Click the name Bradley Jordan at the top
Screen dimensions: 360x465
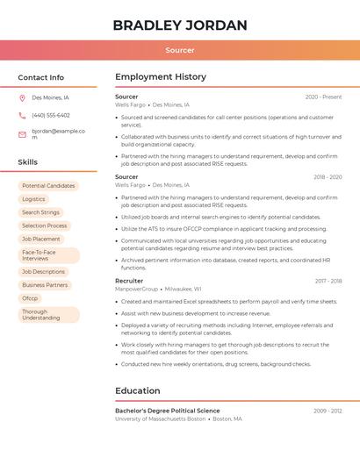point(180,25)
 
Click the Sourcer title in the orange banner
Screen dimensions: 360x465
point(180,50)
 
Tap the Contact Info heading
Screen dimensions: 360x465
point(40,77)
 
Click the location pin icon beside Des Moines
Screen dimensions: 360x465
point(22,98)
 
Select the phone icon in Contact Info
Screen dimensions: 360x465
point(22,116)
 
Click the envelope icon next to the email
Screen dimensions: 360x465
point(22,134)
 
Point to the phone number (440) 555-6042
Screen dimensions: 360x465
point(51,116)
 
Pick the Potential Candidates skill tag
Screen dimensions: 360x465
point(48,186)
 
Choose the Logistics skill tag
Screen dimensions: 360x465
point(33,199)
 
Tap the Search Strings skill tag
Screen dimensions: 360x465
point(40,212)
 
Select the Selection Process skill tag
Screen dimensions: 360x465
point(44,225)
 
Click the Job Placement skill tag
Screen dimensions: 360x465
point(41,239)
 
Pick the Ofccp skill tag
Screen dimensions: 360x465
point(30,298)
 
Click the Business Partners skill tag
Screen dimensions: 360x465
point(45,285)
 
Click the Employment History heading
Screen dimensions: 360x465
point(161,77)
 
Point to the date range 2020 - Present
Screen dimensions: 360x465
point(323,97)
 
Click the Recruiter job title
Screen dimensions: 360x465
point(129,281)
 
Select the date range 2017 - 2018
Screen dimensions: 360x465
point(328,281)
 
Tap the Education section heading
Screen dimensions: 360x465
point(138,390)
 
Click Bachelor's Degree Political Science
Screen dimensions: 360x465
point(168,411)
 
